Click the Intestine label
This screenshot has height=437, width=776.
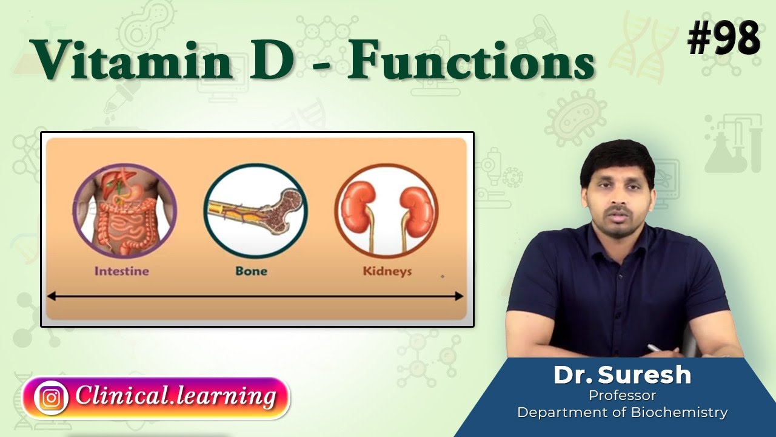pyautogui.click(x=121, y=271)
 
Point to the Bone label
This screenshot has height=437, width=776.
pyautogui.click(x=252, y=271)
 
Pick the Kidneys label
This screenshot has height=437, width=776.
pyautogui.click(x=387, y=271)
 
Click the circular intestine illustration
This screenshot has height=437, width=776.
pyautogui.click(x=124, y=211)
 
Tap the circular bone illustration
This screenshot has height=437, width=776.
pyautogui.click(x=255, y=211)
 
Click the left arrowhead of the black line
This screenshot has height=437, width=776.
pyautogui.click(x=51, y=296)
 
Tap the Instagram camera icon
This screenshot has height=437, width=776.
pyautogui.click(x=51, y=398)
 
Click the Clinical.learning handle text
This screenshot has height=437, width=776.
pyautogui.click(x=176, y=397)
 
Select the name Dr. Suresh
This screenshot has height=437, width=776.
pyautogui.click(x=622, y=375)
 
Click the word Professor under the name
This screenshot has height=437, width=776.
pyautogui.click(x=622, y=396)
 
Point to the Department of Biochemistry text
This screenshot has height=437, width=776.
pyautogui.click(x=622, y=413)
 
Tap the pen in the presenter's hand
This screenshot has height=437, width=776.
pyautogui.click(x=654, y=348)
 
